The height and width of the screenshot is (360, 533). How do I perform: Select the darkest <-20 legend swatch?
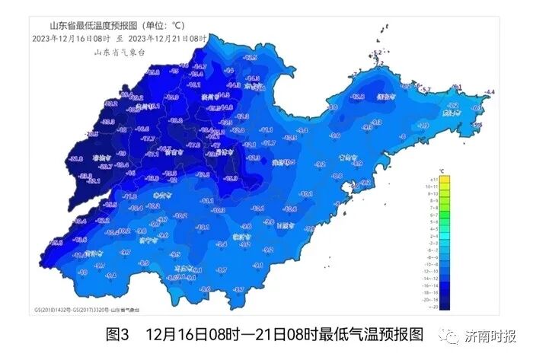(445, 305)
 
